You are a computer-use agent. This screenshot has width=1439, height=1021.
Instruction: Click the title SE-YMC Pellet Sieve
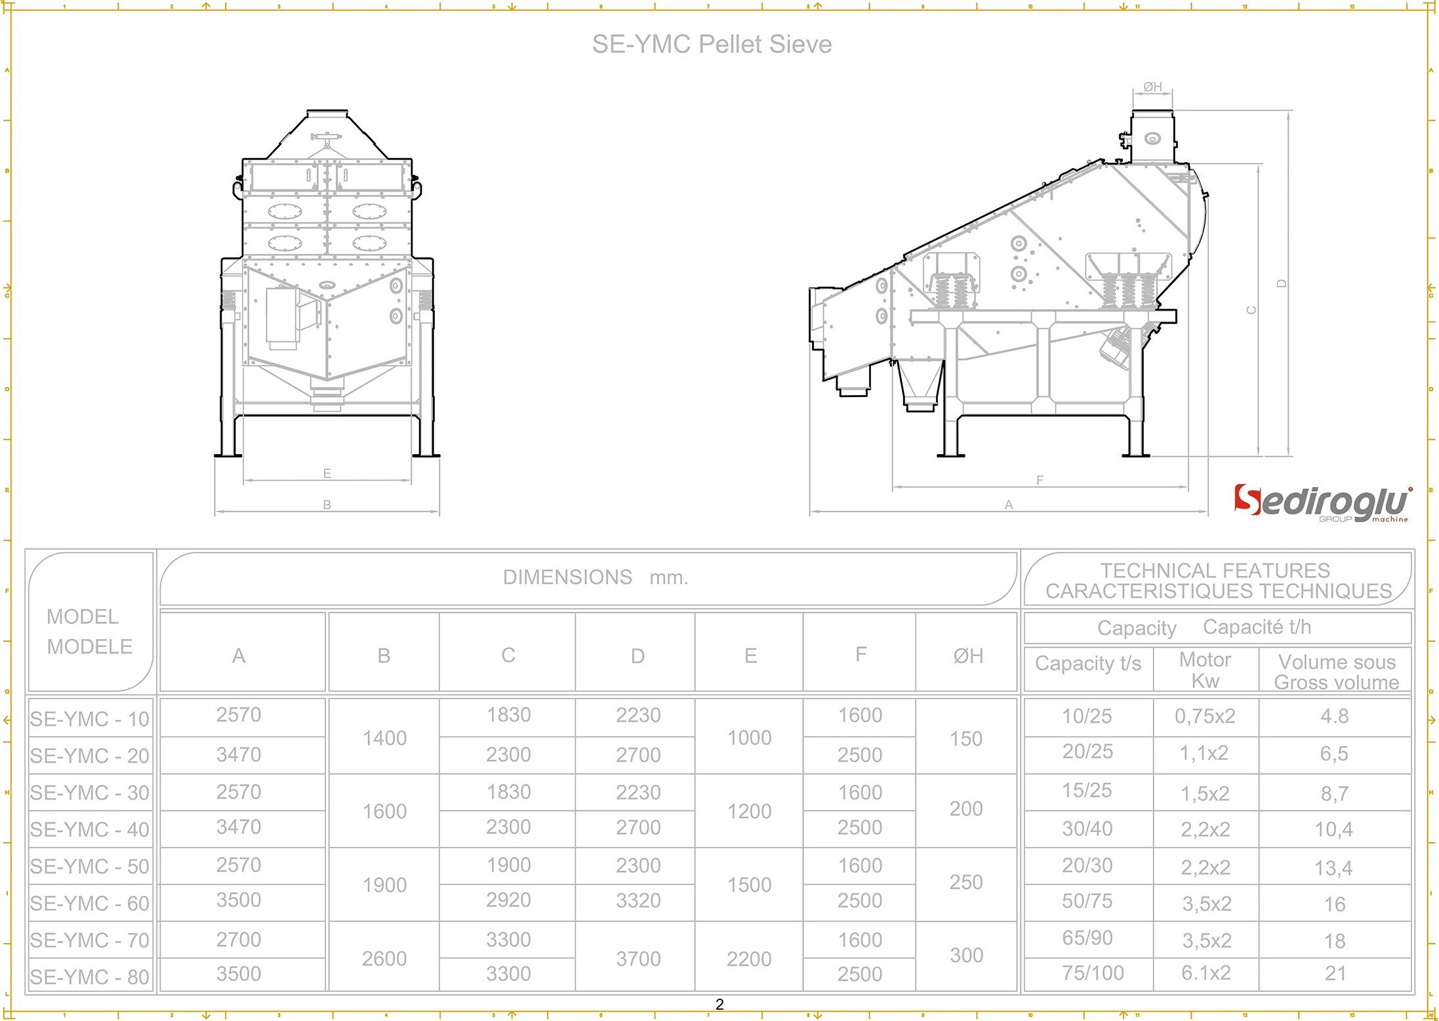tap(712, 45)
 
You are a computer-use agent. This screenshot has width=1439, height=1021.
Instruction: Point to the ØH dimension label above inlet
tap(1152, 87)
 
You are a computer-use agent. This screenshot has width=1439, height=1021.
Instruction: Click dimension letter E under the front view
tap(327, 473)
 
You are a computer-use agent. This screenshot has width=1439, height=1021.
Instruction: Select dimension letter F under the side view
tap(1040, 480)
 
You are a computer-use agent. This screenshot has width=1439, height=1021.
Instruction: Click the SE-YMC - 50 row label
tap(90, 866)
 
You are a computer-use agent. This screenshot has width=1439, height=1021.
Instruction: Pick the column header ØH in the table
tap(968, 656)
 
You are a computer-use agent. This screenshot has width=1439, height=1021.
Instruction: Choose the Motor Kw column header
tap(1206, 670)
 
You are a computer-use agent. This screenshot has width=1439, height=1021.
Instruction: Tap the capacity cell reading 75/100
tap(1093, 973)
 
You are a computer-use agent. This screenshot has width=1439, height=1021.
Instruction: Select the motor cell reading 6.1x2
tap(1206, 973)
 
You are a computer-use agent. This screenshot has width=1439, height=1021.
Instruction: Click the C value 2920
tap(508, 900)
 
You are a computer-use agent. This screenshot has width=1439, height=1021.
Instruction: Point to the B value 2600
tap(384, 959)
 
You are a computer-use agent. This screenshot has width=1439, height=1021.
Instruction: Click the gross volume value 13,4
tap(1333, 868)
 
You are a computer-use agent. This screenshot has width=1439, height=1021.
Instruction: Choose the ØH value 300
tap(966, 955)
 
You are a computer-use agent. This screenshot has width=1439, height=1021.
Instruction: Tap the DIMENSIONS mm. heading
tap(595, 577)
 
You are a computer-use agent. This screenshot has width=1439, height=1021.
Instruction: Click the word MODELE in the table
tap(90, 646)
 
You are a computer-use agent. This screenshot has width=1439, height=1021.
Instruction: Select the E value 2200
tap(749, 959)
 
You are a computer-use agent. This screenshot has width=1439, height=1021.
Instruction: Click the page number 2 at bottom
tap(719, 1005)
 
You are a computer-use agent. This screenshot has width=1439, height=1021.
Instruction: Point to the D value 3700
tap(638, 959)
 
